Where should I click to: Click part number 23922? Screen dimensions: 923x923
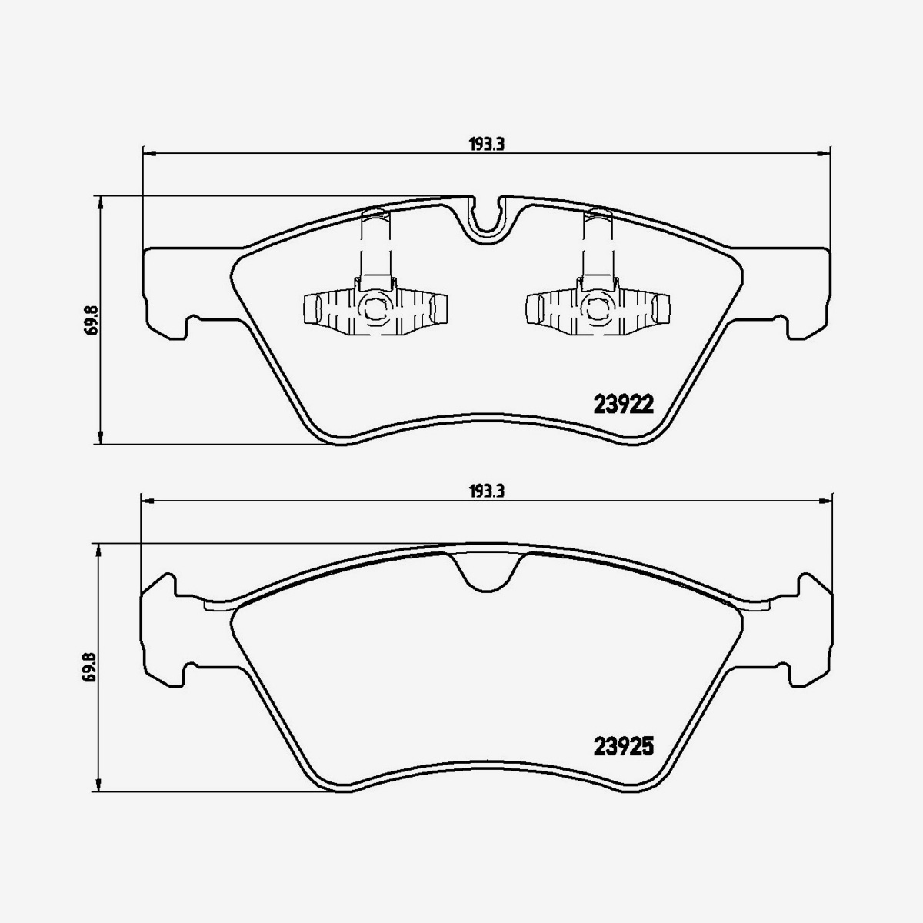pyautogui.click(x=623, y=405)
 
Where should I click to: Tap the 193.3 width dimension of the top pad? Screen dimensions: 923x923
pyautogui.click(x=485, y=144)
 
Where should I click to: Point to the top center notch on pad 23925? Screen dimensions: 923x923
pyautogui.click(x=485, y=573)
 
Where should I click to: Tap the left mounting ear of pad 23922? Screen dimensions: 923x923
pyautogui.click(x=165, y=292)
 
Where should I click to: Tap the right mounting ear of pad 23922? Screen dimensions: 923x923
pyautogui.click(x=808, y=292)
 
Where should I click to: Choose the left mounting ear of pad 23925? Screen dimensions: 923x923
pyautogui.click(x=165, y=631)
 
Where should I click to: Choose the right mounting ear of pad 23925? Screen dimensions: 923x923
pyautogui.click(x=808, y=631)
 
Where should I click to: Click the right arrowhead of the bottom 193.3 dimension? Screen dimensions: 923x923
pyautogui.click(x=824, y=501)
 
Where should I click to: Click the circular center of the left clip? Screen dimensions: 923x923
pyautogui.click(x=375, y=309)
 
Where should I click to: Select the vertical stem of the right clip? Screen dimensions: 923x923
pyautogui.click(x=597, y=246)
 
